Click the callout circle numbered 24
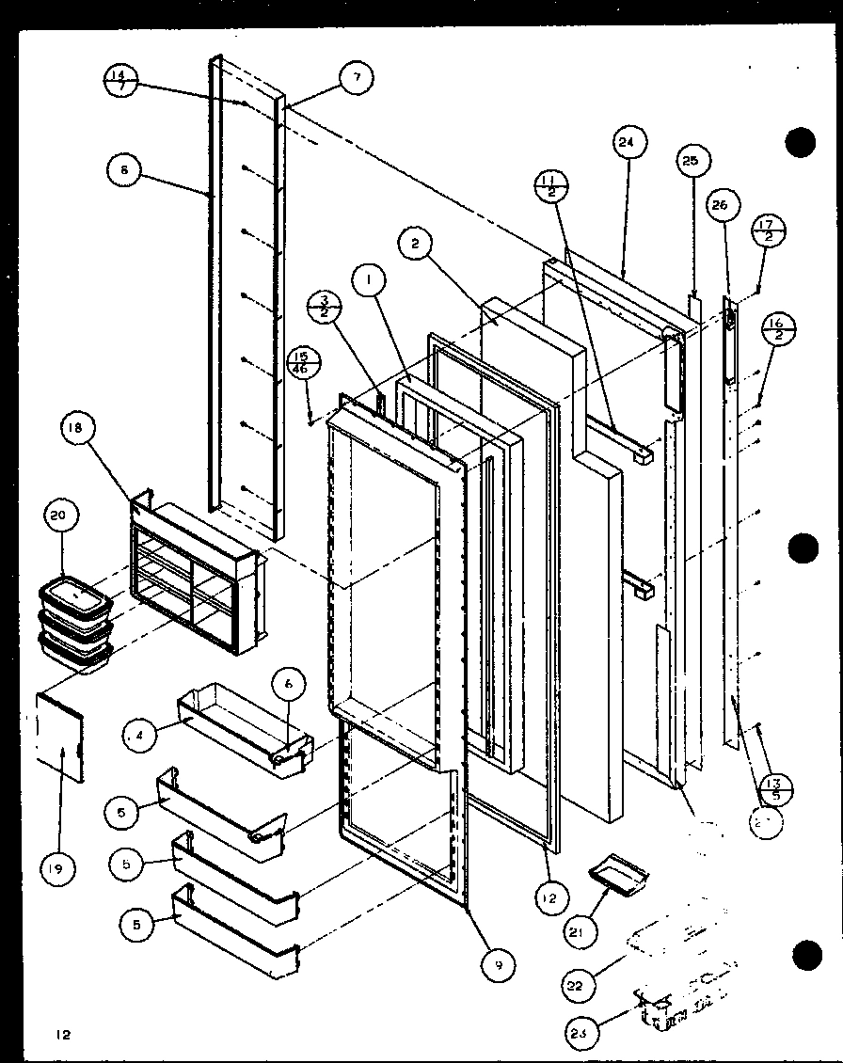point(627,143)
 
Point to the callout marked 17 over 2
point(769,230)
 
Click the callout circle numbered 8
point(124,170)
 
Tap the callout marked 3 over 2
point(323,308)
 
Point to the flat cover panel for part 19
point(58,736)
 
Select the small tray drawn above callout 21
point(619,874)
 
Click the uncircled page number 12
point(62,1035)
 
